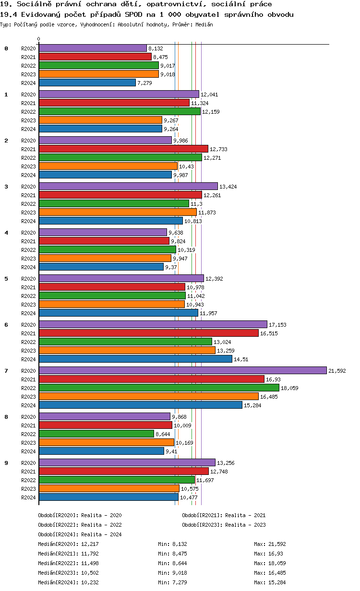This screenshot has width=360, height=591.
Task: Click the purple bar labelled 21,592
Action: (182, 370)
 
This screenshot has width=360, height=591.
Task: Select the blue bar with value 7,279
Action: (87, 83)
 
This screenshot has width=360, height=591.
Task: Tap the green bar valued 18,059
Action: (159, 388)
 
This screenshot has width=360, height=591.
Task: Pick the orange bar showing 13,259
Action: (127, 350)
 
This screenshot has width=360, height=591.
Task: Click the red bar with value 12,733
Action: (123, 149)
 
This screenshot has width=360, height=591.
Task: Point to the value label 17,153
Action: (277, 325)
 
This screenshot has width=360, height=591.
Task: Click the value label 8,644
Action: (163, 434)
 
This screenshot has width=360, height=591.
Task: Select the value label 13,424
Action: (228, 187)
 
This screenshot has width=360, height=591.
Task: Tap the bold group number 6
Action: (6, 325)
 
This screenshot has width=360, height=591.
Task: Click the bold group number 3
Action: (6, 187)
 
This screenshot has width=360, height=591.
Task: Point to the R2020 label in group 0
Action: (28, 48)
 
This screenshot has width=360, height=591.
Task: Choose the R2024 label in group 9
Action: (28, 497)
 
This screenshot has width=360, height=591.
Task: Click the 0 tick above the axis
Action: (39, 39)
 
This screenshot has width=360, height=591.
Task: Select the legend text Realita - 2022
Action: (101, 525)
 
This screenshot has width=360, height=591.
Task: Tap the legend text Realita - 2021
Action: (245, 515)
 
